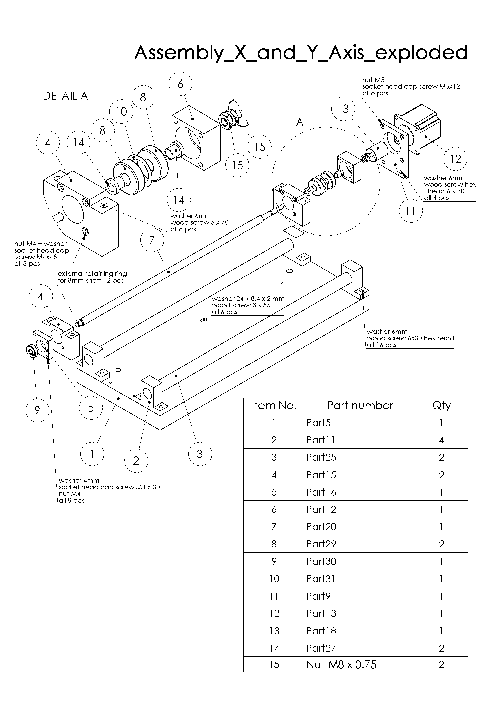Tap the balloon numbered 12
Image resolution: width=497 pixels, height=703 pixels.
coord(455,159)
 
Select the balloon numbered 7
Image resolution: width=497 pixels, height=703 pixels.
coord(152,240)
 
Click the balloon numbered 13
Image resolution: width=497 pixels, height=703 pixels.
coord(343,109)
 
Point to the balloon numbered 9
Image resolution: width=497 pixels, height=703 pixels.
coord(37,410)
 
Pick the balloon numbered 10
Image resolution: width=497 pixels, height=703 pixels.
coord(121,111)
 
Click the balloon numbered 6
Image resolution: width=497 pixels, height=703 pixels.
coord(180,84)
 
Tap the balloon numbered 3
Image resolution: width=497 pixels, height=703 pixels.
coord(200,454)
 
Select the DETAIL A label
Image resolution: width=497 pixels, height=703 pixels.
coord(65,96)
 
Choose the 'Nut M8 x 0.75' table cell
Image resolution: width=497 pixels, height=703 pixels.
coord(341,664)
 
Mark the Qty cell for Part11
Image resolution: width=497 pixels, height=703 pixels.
coord(441,440)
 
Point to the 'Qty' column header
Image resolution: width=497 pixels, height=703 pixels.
coord(441,405)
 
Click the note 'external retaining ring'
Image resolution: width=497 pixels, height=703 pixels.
coord(92,274)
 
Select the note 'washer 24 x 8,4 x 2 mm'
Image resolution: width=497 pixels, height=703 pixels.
coord(248,299)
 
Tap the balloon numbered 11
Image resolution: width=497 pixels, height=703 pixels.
coord(410,211)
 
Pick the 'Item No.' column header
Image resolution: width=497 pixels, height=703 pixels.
coord(274,405)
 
